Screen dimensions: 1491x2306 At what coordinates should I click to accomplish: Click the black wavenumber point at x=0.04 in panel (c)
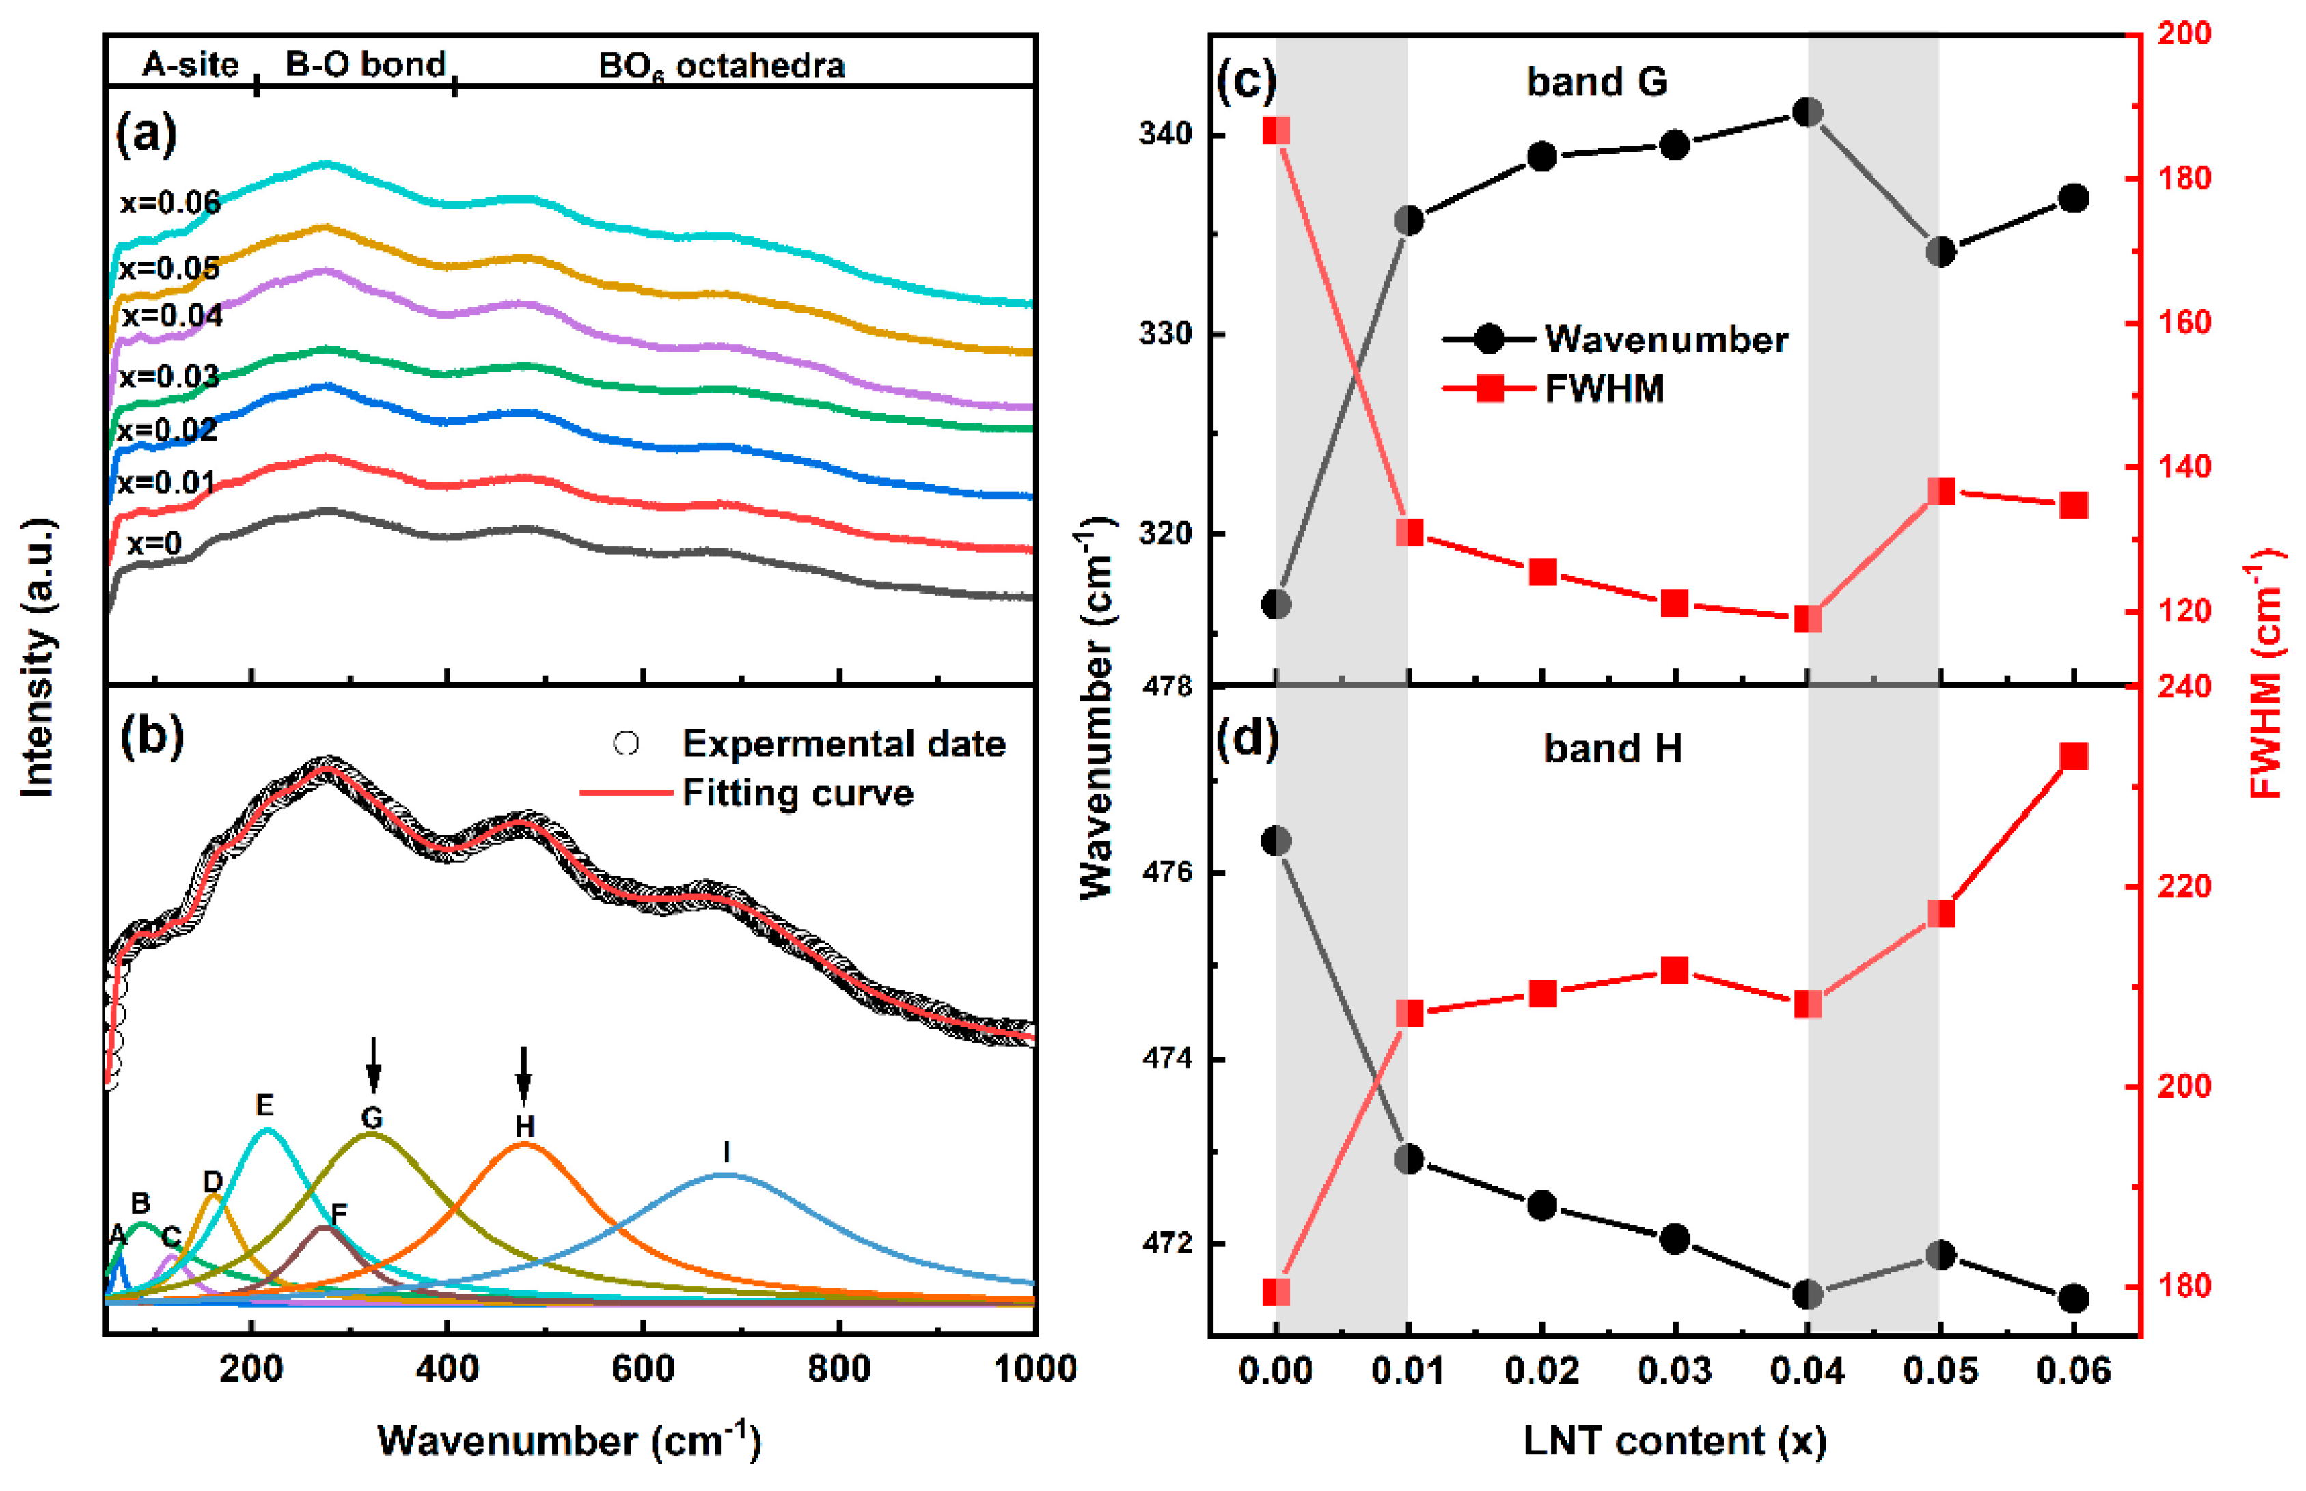(x=1807, y=112)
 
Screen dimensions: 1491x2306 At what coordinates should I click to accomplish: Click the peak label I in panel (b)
(x=726, y=1151)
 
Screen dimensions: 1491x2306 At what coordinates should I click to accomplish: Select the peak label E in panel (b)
(x=264, y=1104)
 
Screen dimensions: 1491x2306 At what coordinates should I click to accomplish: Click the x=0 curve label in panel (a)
(x=154, y=543)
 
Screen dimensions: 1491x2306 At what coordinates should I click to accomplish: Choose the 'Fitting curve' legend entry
(x=797, y=793)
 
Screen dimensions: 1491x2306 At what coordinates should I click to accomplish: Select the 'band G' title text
(x=1596, y=81)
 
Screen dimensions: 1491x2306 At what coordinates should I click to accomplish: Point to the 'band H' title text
(x=1612, y=749)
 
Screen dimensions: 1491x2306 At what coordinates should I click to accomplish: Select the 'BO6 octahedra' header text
(x=722, y=66)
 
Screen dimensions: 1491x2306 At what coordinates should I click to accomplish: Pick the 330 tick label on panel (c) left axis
(x=1165, y=334)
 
